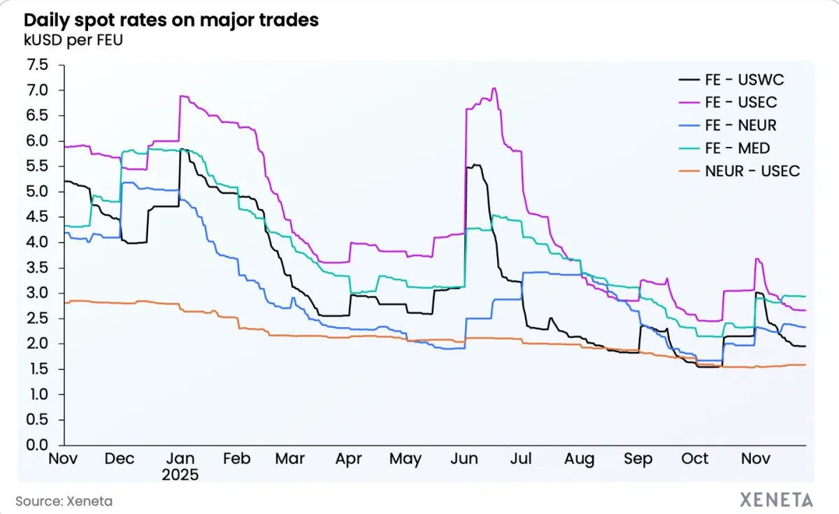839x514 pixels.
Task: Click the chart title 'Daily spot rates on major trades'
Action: tap(171, 20)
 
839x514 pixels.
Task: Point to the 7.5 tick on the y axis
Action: tap(37, 65)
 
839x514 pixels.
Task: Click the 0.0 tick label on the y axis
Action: tap(37, 445)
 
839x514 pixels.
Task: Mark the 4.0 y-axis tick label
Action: tap(37, 243)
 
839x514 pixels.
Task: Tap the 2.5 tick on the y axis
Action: tap(37, 319)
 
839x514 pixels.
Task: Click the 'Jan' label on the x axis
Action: tap(180, 459)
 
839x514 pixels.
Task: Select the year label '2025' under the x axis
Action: tap(180, 475)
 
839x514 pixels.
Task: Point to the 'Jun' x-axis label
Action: tap(465, 459)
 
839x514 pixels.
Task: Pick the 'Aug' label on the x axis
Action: tap(580, 459)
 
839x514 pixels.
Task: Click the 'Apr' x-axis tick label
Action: tap(348, 459)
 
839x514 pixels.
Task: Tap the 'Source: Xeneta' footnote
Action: tap(64, 501)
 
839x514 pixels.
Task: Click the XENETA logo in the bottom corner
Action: tap(776, 500)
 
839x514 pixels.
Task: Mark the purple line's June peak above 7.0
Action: tap(494, 88)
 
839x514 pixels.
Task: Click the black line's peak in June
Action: tap(475, 165)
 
